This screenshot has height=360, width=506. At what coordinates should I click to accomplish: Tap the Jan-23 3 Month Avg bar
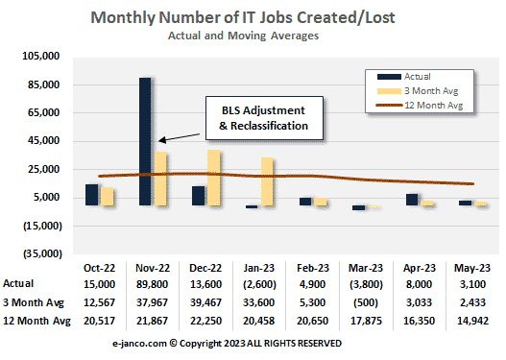pos(267,182)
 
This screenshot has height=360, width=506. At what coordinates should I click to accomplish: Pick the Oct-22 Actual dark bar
pos(91,195)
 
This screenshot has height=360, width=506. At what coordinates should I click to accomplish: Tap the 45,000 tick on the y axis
pos(44,141)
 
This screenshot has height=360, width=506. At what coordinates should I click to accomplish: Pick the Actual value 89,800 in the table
pos(152,284)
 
